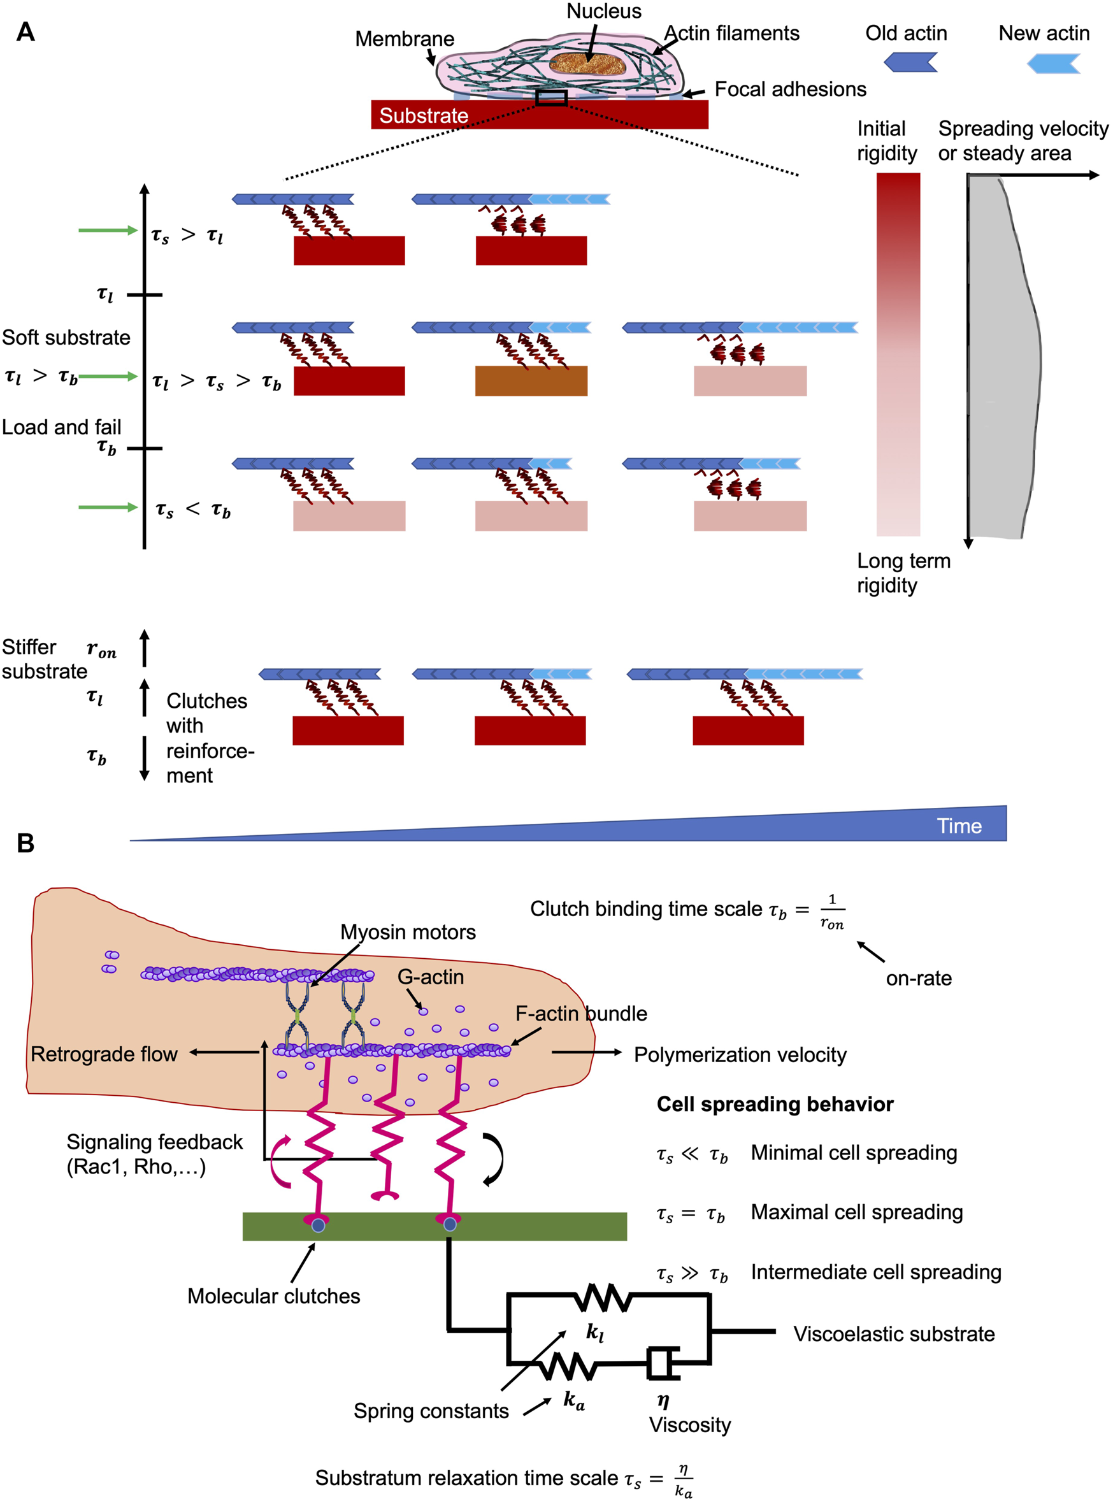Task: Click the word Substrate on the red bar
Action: click(423, 115)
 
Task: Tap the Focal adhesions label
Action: click(789, 89)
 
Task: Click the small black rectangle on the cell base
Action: click(551, 97)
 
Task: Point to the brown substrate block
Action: click(531, 380)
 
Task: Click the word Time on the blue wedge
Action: click(959, 826)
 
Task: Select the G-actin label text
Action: click(431, 977)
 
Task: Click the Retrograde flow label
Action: click(104, 1054)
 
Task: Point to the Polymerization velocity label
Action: click(740, 1054)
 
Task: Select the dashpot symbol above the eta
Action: click(663, 1363)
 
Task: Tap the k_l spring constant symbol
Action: click(594, 1332)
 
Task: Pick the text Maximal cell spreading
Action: click(856, 1212)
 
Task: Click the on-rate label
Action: click(918, 978)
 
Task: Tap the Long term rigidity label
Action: click(903, 573)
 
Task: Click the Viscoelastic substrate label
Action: click(893, 1334)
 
